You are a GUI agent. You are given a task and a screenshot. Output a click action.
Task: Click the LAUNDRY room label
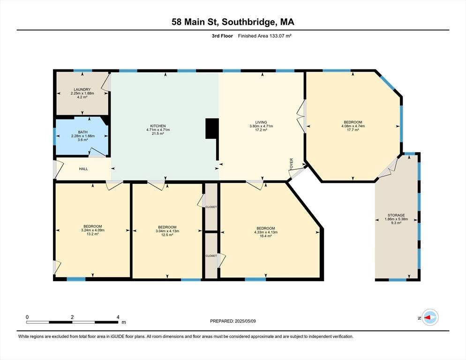pyautogui.click(x=83, y=90)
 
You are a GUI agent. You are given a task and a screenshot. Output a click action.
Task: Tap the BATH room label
pyautogui.click(x=83, y=132)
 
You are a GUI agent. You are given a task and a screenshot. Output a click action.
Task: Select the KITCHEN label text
pyautogui.click(x=158, y=126)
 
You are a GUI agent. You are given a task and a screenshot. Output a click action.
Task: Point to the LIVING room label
pyautogui.click(x=261, y=122)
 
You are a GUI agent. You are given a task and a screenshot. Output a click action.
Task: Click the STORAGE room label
pyautogui.click(x=396, y=215)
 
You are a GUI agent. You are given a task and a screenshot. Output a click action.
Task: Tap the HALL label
pyautogui.click(x=83, y=169)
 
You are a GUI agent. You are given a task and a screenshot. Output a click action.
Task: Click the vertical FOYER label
pyautogui.click(x=292, y=164)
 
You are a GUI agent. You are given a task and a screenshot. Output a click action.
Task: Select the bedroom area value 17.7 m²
pyautogui.click(x=353, y=130)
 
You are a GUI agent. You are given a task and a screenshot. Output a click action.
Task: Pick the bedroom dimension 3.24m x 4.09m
pyautogui.click(x=93, y=230)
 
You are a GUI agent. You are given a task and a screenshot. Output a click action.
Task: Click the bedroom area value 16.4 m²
pyautogui.click(x=266, y=236)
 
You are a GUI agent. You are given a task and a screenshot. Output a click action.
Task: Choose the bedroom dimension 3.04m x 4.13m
pyautogui.click(x=167, y=231)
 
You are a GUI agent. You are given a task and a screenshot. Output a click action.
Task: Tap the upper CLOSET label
pyautogui.click(x=211, y=207)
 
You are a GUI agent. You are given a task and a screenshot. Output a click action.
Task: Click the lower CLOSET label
pyautogui.click(x=211, y=255)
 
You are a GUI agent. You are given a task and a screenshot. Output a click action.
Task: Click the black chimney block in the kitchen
pyautogui.click(x=212, y=128)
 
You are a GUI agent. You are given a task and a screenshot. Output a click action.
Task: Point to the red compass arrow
pyautogui.click(x=427, y=317)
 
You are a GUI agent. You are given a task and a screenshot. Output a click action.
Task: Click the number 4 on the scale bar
pyautogui.click(x=118, y=317)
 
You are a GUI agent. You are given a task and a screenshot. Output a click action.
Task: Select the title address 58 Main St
pyautogui.click(x=195, y=22)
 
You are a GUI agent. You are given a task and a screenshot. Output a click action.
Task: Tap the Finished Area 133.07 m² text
pyautogui.click(x=264, y=36)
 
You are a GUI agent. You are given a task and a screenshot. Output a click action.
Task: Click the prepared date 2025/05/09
pyautogui.click(x=245, y=321)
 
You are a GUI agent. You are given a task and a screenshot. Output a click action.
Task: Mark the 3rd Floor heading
pyautogui.click(x=222, y=36)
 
